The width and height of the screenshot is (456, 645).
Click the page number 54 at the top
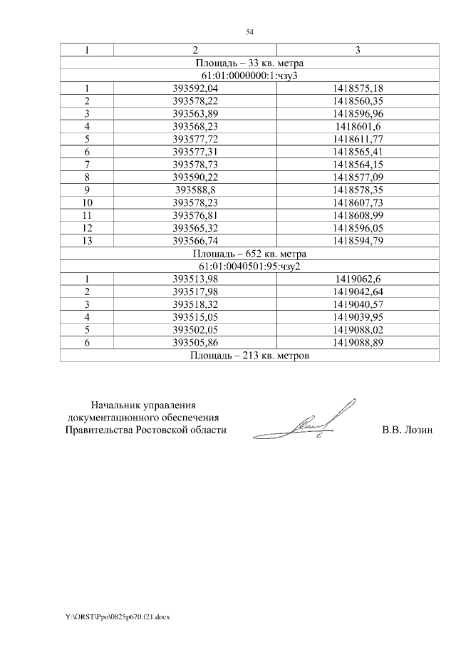tap(249, 32)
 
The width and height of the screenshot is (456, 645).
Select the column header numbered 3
tap(358, 50)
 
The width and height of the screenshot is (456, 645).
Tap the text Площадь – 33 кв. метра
tap(249, 63)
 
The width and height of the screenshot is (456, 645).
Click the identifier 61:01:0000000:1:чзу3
tap(249, 76)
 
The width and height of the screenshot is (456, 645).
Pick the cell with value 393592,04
tap(195, 88)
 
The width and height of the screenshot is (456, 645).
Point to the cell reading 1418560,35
tap(358, 100)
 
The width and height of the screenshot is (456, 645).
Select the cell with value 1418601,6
tap(358, 126)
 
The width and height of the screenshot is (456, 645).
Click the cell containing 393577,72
tap(195, 139)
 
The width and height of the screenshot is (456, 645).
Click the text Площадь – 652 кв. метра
tap(249, 253)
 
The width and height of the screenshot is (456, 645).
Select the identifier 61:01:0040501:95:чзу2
tap(249, 266)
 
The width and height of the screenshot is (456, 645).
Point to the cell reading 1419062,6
tap(358, 279)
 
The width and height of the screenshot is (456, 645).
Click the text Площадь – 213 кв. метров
tap(249, 355)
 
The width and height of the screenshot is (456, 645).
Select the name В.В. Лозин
tap(408, 430)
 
